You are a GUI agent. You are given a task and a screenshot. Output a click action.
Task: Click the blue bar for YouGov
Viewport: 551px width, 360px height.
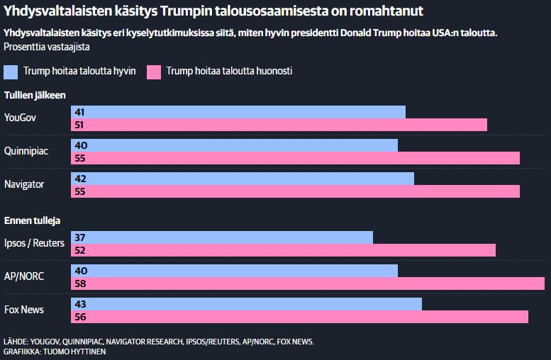(238, 112)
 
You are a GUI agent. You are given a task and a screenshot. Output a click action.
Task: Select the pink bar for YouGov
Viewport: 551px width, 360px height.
(279, 125)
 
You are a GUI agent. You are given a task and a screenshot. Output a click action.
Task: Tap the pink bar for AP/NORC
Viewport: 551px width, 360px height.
(307, 283)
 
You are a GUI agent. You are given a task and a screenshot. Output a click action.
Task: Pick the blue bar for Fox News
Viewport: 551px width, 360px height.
(246, 304)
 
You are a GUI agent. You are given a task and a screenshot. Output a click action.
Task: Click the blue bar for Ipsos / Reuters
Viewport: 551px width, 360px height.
(222, 237)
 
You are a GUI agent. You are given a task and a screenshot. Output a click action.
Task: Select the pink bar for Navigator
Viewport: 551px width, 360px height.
(295, 191)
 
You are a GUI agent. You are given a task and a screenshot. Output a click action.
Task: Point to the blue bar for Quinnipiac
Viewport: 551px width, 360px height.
(234, 145)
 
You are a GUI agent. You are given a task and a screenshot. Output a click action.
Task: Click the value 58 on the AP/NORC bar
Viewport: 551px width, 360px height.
(80, 283)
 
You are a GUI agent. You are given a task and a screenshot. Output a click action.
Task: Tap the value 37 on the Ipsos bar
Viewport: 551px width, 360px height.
(80, 237)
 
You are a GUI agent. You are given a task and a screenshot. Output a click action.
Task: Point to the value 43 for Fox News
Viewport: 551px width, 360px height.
(80, 304)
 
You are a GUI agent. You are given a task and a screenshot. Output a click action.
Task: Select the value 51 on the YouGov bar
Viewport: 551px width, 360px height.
(80, 125)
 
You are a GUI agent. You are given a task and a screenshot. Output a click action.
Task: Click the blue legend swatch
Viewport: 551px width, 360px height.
(11, 72)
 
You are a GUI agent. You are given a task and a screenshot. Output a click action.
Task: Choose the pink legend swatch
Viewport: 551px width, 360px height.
(153, 72)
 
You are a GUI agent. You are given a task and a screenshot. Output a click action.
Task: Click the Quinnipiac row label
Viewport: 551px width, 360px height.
(26, 151)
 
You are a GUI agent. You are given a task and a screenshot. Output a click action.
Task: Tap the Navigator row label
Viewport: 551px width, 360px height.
(24, 184)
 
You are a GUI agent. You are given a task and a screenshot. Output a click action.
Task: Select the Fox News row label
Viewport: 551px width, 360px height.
(23, 310)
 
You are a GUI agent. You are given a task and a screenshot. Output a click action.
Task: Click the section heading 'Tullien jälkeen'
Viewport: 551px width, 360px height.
(35, 95)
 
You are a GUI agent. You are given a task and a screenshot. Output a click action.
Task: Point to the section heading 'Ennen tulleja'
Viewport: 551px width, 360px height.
(33, 220)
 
